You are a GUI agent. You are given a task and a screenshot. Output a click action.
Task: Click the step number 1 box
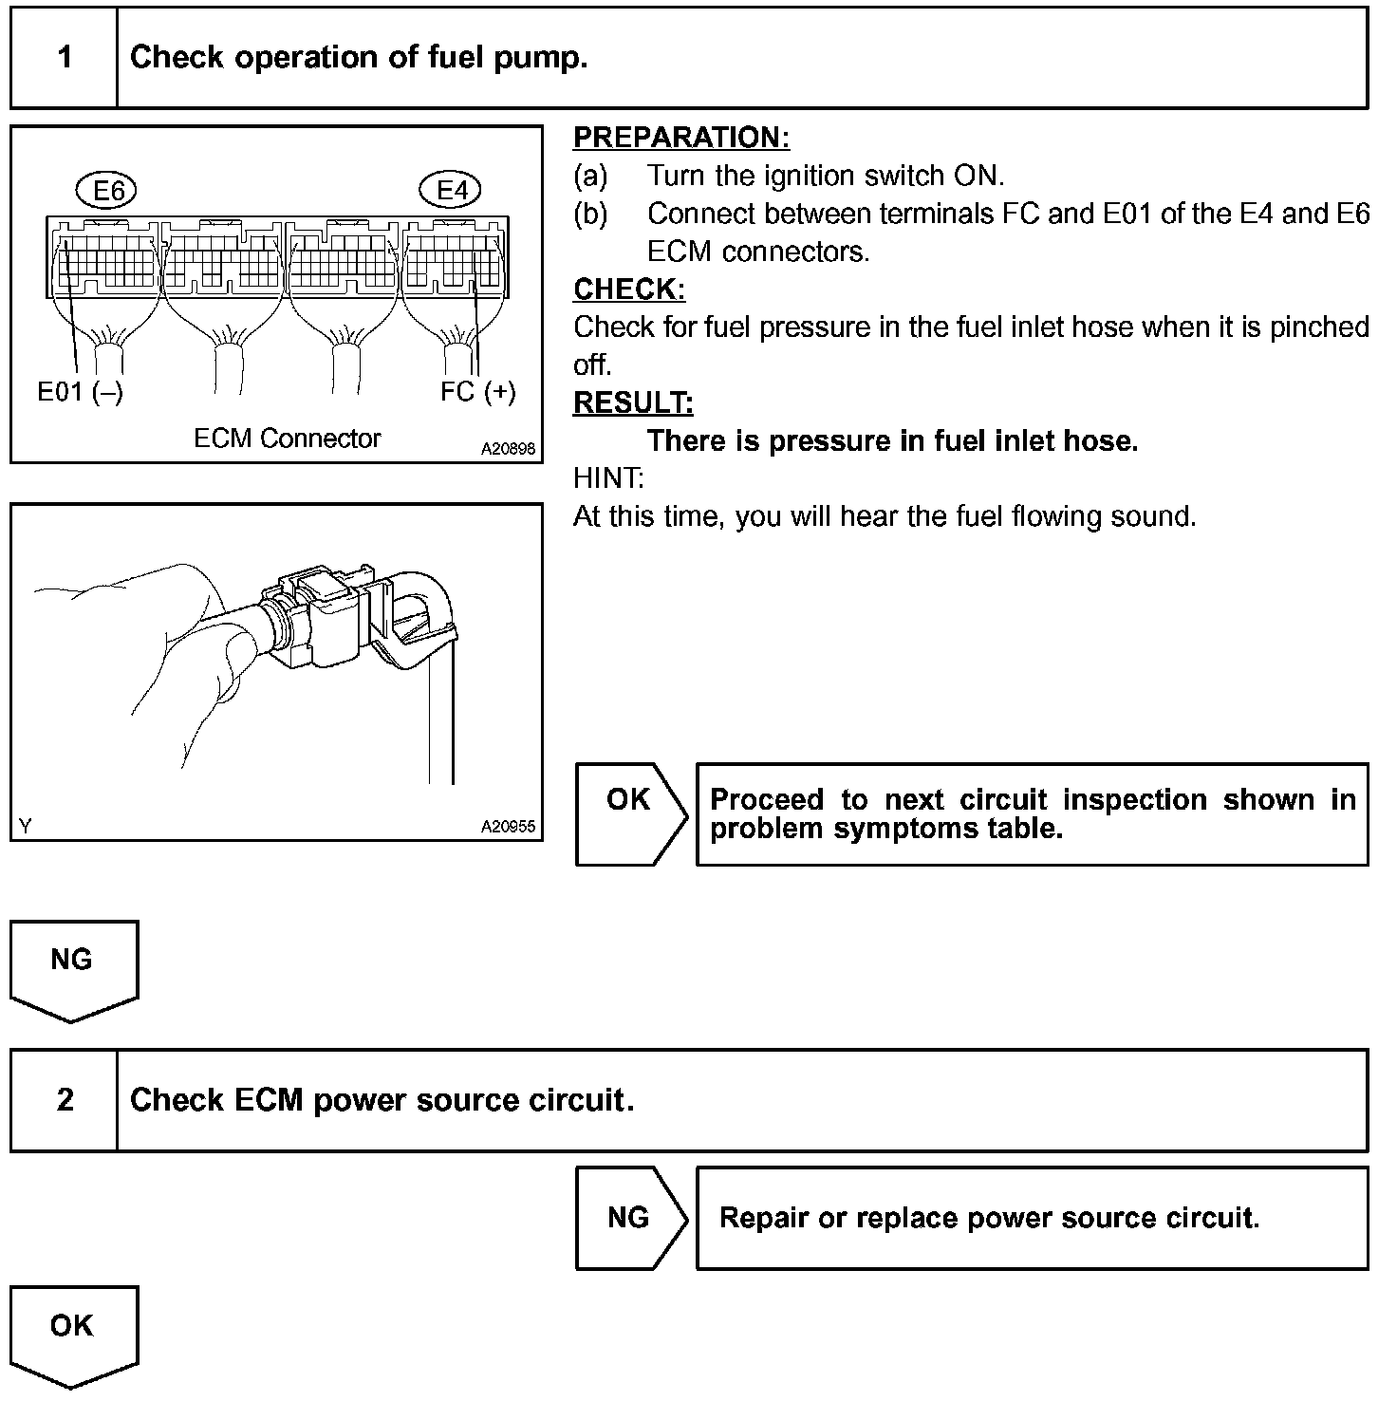pos(65,58)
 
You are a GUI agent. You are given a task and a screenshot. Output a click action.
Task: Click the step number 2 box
pos(65,1100)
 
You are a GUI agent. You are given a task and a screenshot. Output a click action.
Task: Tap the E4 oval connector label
pos(451,191)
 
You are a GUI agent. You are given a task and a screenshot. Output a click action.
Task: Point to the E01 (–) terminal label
pos(80,392)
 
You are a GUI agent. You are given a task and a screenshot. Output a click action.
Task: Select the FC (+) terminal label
pos(477,392)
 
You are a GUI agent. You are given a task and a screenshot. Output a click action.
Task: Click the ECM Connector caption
pos(287,439)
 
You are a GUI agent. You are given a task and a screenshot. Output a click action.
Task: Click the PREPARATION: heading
pos(680,138)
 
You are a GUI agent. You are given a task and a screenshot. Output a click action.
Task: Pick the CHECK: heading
pos(628,289)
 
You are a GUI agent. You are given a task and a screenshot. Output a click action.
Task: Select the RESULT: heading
pos(633,402)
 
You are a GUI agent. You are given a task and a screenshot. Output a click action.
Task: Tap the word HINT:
pos(608,477)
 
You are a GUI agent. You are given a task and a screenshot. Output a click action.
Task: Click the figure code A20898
pos(508,449)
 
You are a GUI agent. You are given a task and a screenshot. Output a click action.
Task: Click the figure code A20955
pos(508,827)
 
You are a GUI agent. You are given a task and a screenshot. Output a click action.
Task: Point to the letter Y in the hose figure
pos(26,827)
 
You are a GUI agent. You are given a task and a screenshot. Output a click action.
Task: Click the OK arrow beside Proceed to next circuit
pos(629,813)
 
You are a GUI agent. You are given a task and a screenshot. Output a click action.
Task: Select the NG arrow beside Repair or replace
pos(629,1218)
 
